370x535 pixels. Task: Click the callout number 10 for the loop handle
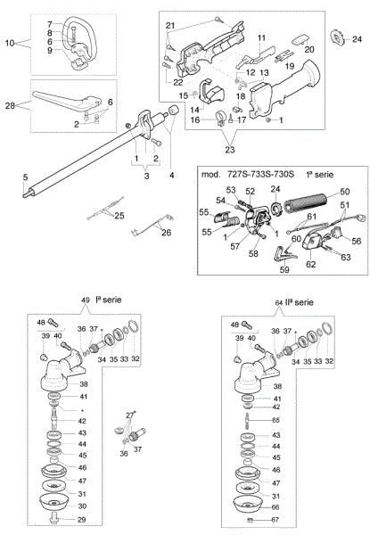pyautogui.click(x=10, y=43)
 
